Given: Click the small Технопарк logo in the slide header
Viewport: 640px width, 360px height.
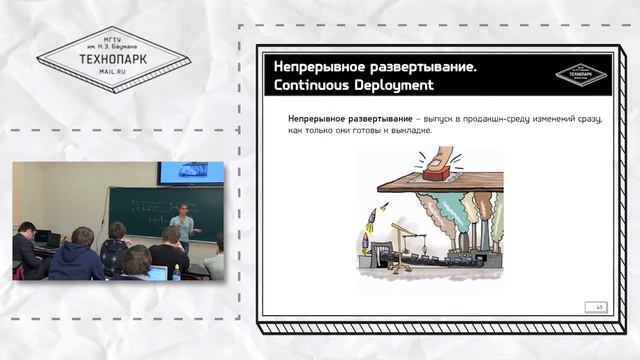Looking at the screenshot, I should tap(581, 75).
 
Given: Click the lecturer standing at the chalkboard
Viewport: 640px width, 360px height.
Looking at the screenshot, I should tap(182, 229).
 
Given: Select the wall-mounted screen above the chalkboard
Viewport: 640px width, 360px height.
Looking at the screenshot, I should tap(180, 172).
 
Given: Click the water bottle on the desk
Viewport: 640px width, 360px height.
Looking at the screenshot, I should tap(177, 271).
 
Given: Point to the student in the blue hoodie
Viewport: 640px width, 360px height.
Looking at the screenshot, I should tap(77, 261).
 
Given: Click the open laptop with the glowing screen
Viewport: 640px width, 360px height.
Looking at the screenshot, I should tap(157, 273).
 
